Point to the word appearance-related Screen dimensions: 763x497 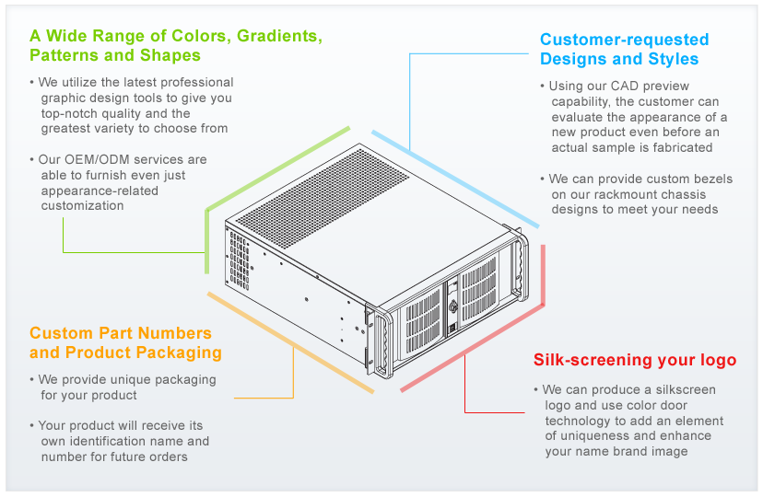[100, 191]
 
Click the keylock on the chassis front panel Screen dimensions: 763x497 [453, 306]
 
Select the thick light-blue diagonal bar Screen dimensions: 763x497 [455, 179]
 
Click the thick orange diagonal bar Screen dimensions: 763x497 [290, 342]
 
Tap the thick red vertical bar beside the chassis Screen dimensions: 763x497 [543, 275]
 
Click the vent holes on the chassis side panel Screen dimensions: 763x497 [240, 260]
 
